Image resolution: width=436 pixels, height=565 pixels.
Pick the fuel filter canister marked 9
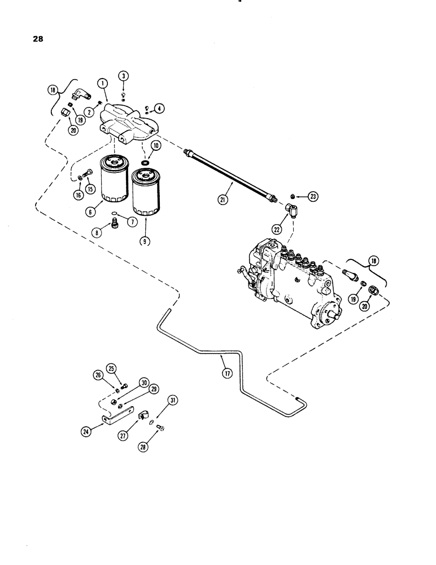click(145, 192)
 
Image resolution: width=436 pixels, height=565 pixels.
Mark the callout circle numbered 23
click(313, 197)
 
